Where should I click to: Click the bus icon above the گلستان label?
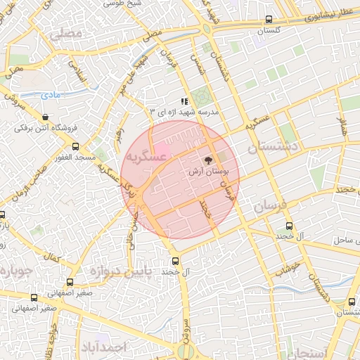269,20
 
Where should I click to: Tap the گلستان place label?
269,32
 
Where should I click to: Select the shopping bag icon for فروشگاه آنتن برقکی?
46,117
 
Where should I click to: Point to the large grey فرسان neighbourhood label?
266,207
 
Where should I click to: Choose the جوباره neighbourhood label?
15,271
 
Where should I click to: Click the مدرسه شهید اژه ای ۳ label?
185,112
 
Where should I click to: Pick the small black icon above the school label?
184,101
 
